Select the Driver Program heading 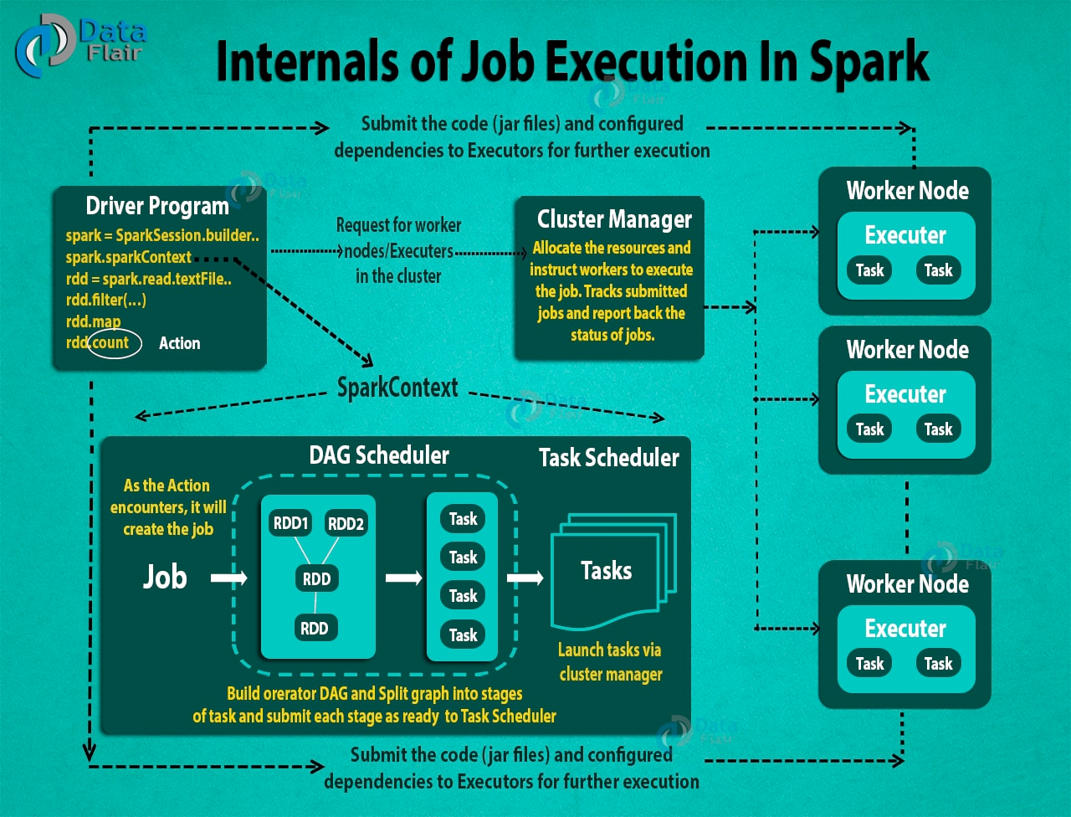tap(157, 206)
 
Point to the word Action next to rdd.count tap(179, 343)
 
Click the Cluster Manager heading tap(614, 219)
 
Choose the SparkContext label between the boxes tap(397, 388)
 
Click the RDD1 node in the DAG tap(290, 524)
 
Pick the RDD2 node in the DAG tap(346, 524)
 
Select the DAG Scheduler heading tap(378, 455)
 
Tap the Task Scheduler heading tap(608, 458)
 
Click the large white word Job tap(165, 577)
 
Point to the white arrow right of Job tap(228, 578)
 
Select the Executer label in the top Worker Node tap(905, 235)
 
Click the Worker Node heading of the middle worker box tap(907, 350)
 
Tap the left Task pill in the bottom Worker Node tap(869, 664)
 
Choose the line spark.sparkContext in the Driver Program tap(129, 257)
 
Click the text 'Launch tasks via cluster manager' tap(611, 662)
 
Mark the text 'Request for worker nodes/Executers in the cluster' tap(398, 250)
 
